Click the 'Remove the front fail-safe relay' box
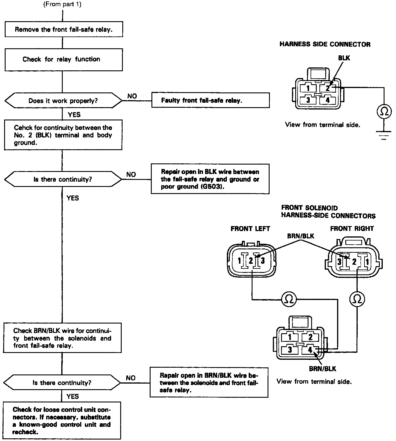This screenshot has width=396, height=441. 64,29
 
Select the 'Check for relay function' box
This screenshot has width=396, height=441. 63,59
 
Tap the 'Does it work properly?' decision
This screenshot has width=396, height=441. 63,101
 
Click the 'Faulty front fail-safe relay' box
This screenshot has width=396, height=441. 210,100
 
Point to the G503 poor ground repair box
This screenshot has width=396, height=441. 210,179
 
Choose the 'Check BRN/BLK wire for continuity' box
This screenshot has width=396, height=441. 62,338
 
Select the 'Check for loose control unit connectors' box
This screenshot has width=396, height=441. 62,420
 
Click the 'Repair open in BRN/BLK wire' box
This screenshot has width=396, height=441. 209,382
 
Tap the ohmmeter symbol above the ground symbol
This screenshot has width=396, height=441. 384,111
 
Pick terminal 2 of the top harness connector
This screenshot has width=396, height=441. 328,88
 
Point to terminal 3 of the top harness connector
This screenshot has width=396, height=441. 308,100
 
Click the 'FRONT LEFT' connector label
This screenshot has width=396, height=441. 250,228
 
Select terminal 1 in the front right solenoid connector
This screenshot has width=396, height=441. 367,261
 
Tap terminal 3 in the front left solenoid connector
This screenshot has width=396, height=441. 263,261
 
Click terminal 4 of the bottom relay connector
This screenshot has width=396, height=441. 310,350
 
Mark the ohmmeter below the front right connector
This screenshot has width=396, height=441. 357,299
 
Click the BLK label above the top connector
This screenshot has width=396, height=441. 344,58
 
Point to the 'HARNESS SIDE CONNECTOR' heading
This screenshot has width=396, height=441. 325,44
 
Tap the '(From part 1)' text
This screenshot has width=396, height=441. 62,4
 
